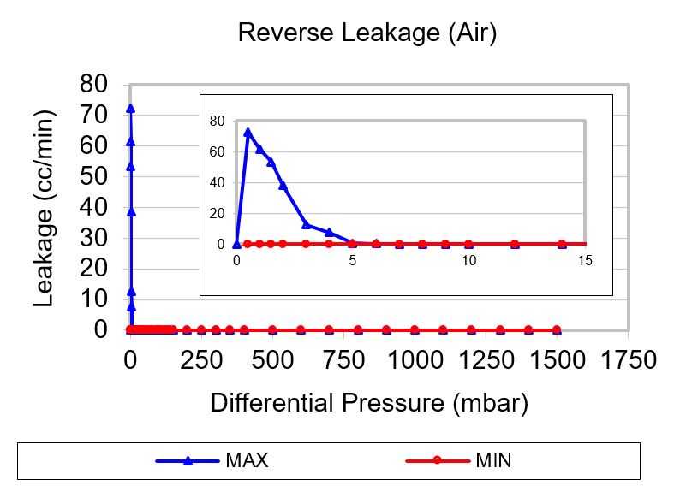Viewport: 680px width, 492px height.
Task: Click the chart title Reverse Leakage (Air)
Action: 367,33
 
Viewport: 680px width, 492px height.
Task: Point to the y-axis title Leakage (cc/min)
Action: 45,208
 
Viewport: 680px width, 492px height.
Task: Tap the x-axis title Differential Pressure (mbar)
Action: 369,403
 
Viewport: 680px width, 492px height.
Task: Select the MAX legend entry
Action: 247,461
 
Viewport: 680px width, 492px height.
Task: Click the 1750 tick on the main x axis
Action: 628,359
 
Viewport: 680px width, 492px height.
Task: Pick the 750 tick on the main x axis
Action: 343,359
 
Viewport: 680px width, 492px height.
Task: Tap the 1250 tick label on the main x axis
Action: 486,359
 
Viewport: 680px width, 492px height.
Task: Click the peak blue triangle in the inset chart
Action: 248,133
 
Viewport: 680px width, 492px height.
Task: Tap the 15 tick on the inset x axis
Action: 585,260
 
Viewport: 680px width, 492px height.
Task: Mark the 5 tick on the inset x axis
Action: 353,260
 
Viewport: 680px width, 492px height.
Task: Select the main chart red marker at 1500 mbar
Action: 557,329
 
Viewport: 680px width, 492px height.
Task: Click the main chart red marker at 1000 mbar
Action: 415,329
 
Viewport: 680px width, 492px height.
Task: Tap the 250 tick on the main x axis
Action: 201,359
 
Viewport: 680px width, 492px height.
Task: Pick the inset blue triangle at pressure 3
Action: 306,224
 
